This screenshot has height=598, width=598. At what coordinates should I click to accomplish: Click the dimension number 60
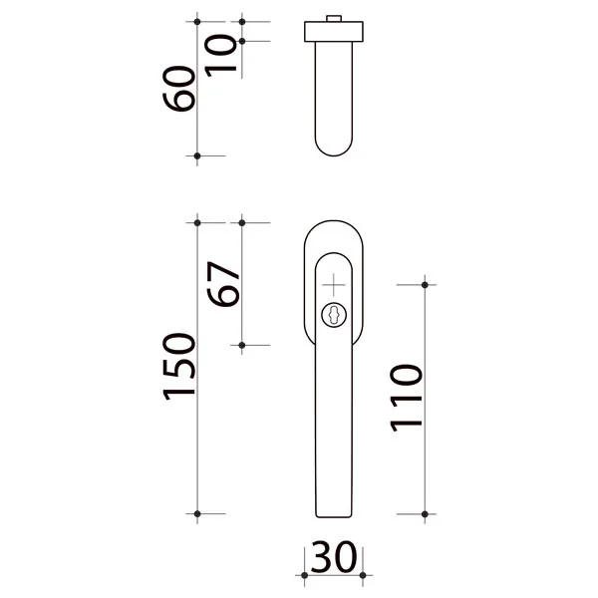pos(178,89)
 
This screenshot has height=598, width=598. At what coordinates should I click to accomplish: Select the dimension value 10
pos(220,55)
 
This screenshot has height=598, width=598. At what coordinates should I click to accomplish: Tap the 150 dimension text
pos(178,367)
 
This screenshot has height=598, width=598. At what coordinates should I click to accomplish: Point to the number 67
pos(223,284)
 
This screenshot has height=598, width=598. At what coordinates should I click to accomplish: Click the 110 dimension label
pos(407,398)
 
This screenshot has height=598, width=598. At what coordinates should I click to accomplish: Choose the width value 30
pos(334,557)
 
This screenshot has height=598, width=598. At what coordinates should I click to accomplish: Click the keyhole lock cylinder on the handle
pos(334,315)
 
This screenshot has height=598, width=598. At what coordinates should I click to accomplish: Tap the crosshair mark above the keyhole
pos(334,284)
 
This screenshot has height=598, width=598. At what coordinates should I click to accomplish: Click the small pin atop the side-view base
pos(334,19)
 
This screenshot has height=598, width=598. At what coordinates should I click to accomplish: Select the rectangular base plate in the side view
pos(334,32)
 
